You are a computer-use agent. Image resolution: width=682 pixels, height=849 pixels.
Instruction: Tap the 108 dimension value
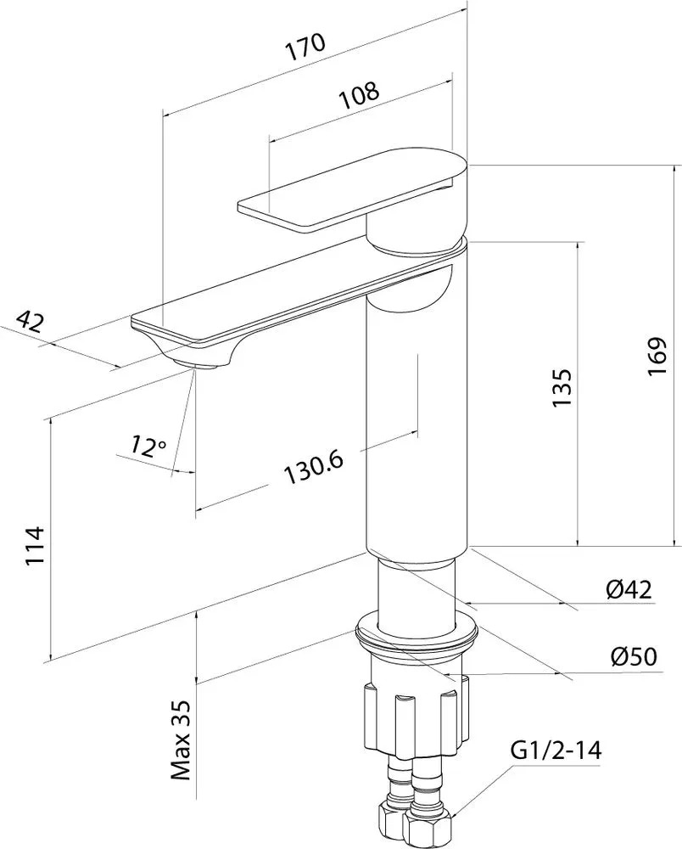[x=359, y=95]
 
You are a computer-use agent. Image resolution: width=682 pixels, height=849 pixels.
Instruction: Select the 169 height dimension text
[x=657, y=357]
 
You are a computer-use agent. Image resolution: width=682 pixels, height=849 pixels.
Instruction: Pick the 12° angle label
[x=148, y=447]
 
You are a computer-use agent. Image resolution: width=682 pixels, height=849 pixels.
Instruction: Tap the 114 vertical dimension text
[x=34, y=545]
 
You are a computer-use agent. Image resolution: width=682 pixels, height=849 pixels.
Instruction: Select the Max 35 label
[x=182, y=740]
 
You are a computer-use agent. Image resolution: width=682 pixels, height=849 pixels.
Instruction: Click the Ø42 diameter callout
[x=629, y=589]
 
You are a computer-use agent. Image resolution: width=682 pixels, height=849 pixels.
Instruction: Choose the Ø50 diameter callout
[x=634, y=656]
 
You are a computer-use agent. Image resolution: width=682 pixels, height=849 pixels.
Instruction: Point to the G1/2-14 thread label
[x=556, y=751]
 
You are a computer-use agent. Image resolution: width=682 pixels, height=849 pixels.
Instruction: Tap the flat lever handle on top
[x=351, y=188]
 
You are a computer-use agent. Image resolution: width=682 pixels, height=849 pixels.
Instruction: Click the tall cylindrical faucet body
[x=416, y=412]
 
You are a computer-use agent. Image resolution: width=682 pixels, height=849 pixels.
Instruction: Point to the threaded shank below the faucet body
[x=416, y=597]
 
